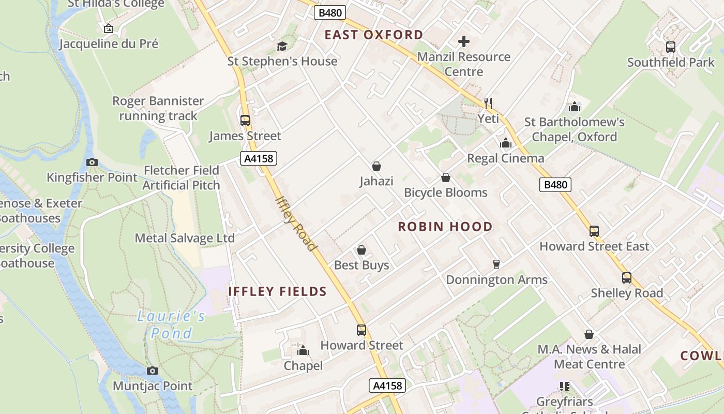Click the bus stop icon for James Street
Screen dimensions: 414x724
pos(245,121)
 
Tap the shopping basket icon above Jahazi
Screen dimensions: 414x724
pos(376,166)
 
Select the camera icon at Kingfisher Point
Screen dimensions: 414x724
pos(92,162)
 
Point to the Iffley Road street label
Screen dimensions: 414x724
pos(296,223)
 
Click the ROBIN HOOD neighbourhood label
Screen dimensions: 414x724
pos(445,227)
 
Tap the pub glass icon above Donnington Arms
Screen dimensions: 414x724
pos(496,264)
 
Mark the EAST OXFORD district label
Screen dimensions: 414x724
pos(374,35)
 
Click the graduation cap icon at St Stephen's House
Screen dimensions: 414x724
pos(282,46)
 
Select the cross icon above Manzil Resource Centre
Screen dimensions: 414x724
pos(464,41)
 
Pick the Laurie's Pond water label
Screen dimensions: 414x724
pos(171,324)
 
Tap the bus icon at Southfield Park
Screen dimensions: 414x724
pos(671,47)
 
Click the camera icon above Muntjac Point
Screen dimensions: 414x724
pos(152,371)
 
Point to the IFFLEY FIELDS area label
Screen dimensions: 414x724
pos(277,291)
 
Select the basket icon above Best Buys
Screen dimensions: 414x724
pos(361,250)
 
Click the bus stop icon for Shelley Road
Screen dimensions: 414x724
pos(627,278)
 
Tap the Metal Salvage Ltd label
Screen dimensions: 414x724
pos(185,238)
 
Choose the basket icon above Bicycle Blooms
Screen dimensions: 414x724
pos(446,178)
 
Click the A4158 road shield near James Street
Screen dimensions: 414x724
pos(259,158)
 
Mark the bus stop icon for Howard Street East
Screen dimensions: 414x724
pos(594,231)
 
